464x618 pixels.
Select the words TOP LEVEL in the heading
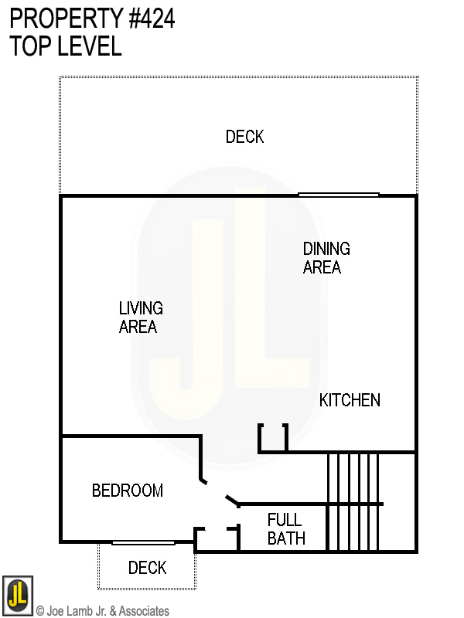[x=66, y=46]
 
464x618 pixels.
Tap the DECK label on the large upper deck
[x=244, y=137]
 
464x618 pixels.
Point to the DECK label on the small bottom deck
[x=147, y=568]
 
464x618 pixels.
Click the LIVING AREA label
[x=140, y=317]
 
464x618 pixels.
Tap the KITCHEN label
[x=350, y=400]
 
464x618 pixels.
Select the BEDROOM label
[x=128, y=491]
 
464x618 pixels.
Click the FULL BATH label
[x=285, y=529]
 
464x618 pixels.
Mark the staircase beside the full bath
[x=353, y=502]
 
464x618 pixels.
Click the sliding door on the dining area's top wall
[x=339, y=195]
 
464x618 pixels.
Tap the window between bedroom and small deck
[x=143, y=542]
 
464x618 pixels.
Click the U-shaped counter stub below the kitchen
[x=273, y=439]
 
